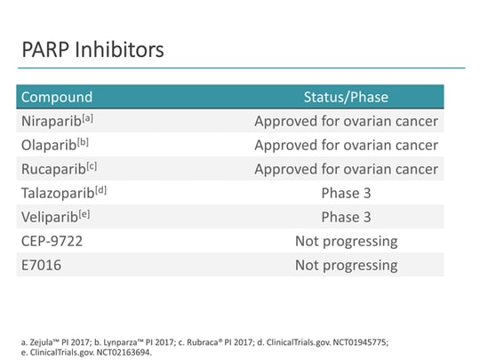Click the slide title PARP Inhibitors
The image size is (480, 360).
click(x=92, y=50)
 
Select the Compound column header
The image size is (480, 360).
click(x=56, y=97)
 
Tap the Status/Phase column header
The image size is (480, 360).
click(x=346, y=97)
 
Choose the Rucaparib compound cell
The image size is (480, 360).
click(x=52, y=169)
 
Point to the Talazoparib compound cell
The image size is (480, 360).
click(x=57, y=193)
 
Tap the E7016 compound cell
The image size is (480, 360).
click(x=41, y=265)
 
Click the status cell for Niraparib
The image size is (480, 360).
click(x=346, y=121)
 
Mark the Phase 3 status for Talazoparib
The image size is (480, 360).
click(x=346, y=193)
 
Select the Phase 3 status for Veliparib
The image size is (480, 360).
click(x=346, y=217)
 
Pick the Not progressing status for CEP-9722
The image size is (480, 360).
click(x=346, y=241)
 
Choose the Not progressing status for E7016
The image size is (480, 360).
click(x=346, y=265)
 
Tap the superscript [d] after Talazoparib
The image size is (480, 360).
click(x=100, y=189)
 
